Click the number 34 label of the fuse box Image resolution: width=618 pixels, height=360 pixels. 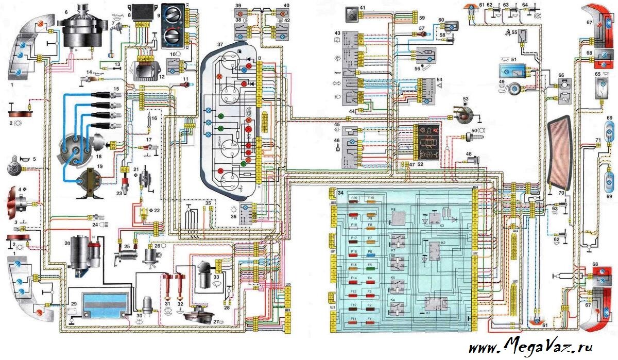tap(340, 193)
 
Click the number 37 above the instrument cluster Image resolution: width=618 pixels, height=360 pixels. tap(220, 45)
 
